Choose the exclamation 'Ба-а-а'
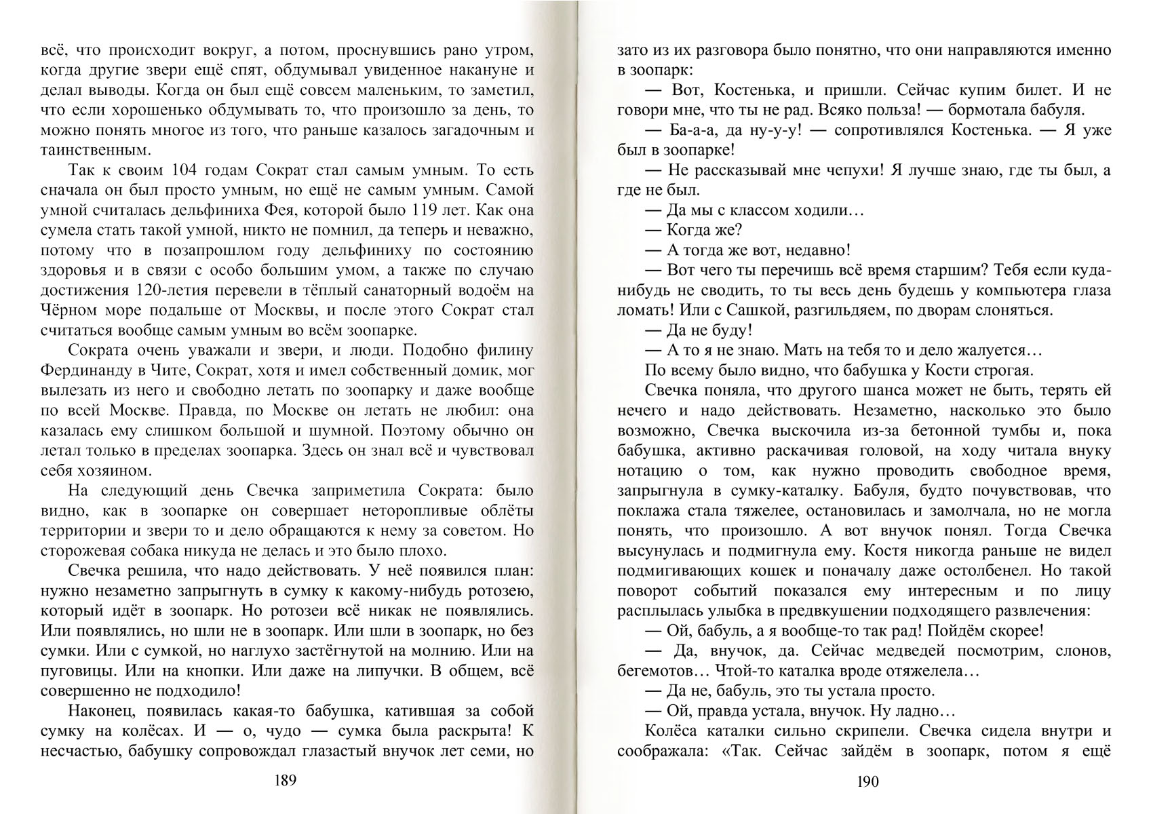click(692, 130)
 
